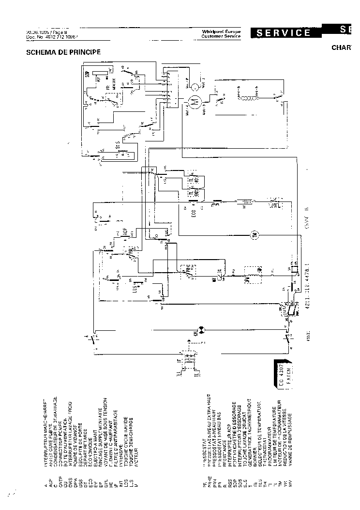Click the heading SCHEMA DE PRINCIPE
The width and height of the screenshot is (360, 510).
pos(63,52)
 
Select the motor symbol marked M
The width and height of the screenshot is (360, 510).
pos(194,102)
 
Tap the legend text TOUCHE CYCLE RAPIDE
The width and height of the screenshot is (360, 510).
pos(126,426)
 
